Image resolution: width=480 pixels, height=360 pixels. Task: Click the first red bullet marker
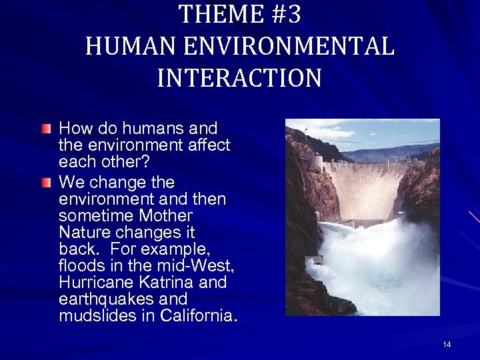(46, 127)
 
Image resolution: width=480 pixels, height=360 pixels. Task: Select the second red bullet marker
(46, 181)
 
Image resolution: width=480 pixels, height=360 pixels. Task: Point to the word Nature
(85, 233)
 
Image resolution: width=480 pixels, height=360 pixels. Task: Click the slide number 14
(447, 345)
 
